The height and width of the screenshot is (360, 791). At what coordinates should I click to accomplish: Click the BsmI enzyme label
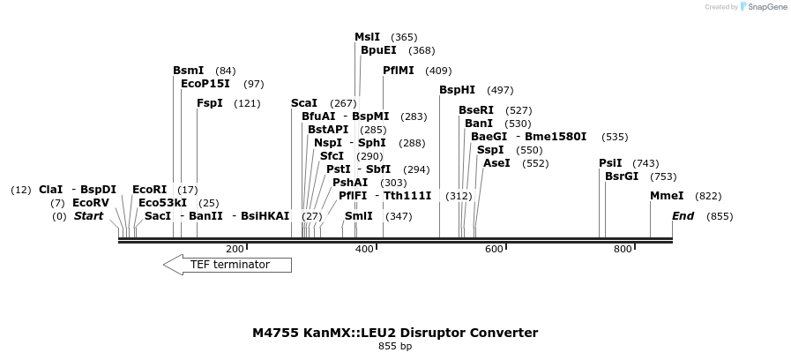click(188, 71)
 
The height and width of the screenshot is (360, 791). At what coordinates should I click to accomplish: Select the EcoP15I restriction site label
click(205, 84)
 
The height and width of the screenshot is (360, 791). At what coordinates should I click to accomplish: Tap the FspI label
click(209, 103)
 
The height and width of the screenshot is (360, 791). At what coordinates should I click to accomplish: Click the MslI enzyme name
click(367, 37)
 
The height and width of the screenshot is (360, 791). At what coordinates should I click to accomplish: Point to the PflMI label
click(398, 71)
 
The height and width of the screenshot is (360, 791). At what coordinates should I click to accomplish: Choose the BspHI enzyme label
click(457, 90)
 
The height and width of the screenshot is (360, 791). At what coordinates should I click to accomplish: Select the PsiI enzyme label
click(610, 163)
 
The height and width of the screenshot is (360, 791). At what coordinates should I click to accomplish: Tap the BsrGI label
click(621, 176)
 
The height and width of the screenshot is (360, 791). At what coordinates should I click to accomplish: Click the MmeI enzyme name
click(666, 196)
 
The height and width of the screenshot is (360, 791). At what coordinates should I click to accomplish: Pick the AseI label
click(496, 163)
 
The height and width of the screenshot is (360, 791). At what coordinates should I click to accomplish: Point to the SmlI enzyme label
click(358, 216)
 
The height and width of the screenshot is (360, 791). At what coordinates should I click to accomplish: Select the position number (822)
click(708, 196)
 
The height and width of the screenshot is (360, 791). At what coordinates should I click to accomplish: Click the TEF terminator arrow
click(228, 265)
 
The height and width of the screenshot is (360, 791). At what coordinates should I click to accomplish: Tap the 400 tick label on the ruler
click(364, 250)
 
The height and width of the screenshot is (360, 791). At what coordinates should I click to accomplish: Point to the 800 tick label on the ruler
click(623, 250)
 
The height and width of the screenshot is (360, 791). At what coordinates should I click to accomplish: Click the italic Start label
click(88, 216)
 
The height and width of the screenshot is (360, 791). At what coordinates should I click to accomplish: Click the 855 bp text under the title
click(395, 346)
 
